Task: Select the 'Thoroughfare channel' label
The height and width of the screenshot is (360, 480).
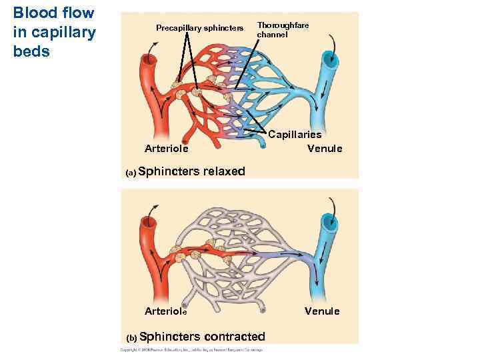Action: click(x=283, y=29)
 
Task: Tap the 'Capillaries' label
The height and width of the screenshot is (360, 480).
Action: click(x=295, y=135)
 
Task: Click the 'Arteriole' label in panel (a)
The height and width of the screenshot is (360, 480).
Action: click(x=166, y=148)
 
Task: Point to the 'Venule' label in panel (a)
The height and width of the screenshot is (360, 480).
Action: click(x=325, y=148)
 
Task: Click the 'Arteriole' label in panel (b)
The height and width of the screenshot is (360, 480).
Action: click(x=166, y=311)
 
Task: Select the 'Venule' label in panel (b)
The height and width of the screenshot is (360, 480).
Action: click(x=322, y=311)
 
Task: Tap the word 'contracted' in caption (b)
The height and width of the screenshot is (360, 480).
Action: click(x=234, y=337)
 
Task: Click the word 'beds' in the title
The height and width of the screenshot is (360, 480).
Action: click(x=31, y=51)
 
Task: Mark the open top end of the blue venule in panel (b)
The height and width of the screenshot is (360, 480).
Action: click(x=329, y=223)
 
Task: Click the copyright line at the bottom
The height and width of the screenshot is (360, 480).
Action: click(x=191, y=349)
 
